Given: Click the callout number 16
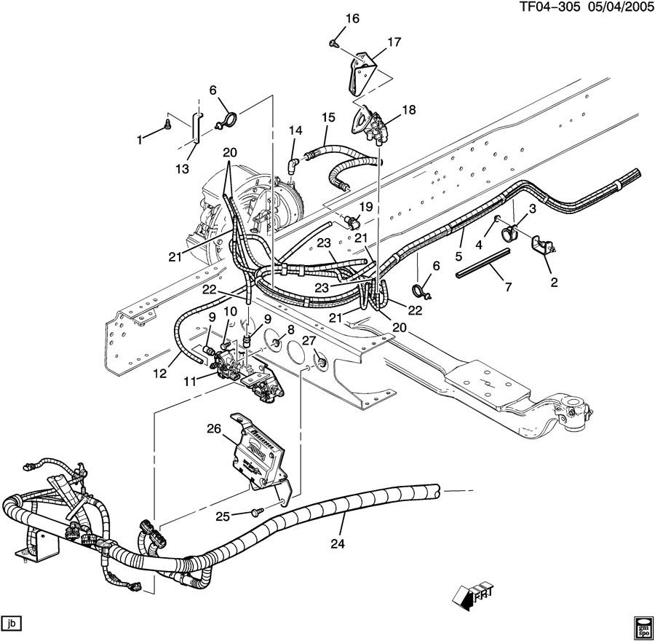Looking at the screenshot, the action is (x=352, y=18).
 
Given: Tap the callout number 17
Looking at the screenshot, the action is (x=394, y=42).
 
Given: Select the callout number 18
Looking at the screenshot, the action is (x=409, y=109).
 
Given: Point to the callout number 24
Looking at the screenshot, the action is (x=338, y=543).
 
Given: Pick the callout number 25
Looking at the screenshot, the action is (x=223, y=516).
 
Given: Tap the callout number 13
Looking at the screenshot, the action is (x=183, y=169).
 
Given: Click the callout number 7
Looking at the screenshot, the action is (x=508, y=287).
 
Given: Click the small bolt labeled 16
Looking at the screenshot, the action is (x=333, y=42).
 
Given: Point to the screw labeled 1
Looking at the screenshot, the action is (x=167, y=123).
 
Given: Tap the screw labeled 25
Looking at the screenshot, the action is (x=256, y=511).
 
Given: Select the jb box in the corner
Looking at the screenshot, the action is (x=11, y=623).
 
